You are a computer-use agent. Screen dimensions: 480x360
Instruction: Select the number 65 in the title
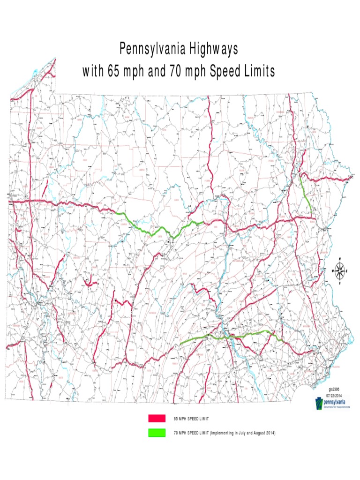(113, 71)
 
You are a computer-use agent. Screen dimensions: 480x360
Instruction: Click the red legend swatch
(157, 418)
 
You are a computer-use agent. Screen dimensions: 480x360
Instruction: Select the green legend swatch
(157, 433)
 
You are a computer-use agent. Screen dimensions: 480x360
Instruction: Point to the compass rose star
(340, 270)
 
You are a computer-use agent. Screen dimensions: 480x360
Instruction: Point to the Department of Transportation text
(335, 407)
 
